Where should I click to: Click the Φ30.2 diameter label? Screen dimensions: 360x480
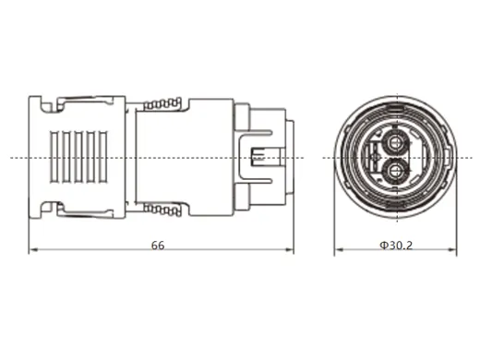pyautogui.click(x=394, y=246)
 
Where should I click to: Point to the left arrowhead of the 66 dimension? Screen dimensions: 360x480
pyautogui.click(x=34, y=252)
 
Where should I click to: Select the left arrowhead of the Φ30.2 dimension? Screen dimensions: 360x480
pyautogui.click(x=337, y=252)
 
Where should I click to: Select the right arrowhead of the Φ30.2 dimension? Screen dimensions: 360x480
pyautogui.click(x=456, y=252)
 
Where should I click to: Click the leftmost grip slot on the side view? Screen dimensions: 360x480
pyautogui.click(x=53, y=158)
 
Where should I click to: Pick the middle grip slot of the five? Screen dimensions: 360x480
pyautogui.click(x=78, y=158)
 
